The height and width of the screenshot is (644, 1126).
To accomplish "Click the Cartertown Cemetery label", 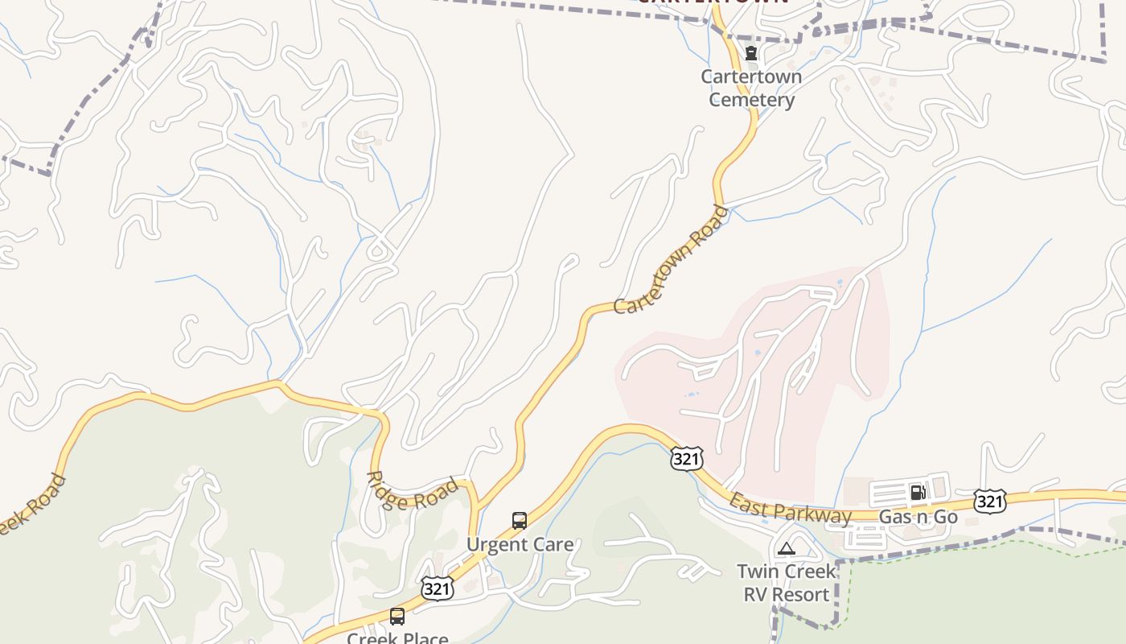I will pos(751,89).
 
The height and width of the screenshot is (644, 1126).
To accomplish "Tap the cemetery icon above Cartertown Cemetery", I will pos(751,54).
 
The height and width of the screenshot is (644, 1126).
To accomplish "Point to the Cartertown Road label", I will pos(671,260).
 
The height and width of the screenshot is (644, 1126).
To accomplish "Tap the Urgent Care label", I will pos(520,545).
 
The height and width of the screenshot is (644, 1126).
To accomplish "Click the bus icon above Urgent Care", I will pos(520,521).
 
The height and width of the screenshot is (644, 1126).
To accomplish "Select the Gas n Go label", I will pos(918,517).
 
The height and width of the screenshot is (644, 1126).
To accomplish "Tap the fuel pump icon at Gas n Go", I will pos(917,493).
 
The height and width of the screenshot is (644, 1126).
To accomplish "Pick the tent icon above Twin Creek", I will pos(786,549).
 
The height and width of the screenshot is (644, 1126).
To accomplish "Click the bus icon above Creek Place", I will pos(397,617).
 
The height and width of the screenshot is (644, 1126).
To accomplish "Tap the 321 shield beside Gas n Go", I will pos(988,502).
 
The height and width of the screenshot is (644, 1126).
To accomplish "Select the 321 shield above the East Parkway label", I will pos(686,459).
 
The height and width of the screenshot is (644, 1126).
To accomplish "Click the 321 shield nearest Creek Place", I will pos(437,589).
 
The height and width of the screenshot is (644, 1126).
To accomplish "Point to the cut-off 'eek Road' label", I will pos(32,507).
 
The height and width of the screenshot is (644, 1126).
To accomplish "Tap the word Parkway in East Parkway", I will pos(813,514).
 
